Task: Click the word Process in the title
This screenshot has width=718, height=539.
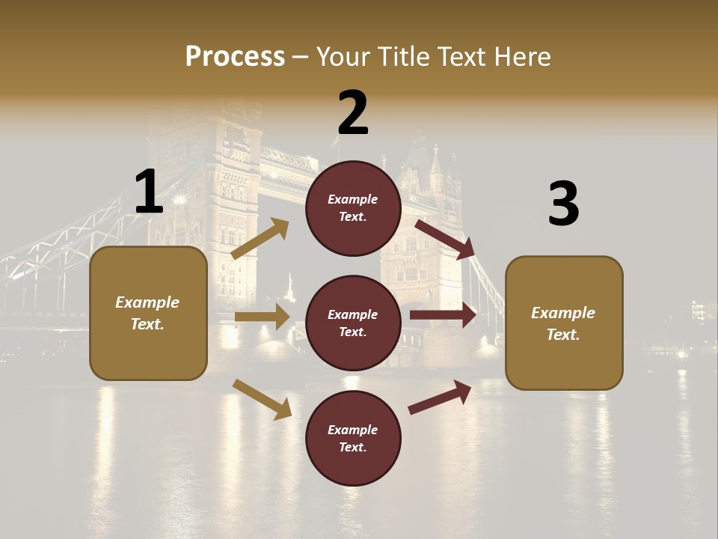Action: click(235, 57)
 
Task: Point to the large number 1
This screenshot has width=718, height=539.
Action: click(148, 192)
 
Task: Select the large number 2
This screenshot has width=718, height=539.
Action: click(353, 114)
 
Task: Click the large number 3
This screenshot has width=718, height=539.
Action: click(563, 204)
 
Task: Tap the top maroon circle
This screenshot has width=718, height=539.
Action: click(353, 208)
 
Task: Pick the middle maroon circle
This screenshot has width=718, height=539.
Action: click(353, 323)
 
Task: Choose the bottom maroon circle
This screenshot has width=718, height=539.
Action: click(353, 439)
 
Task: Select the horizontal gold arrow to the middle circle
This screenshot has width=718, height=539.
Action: click(262, 317)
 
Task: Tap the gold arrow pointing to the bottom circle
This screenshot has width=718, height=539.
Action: click(263, 399)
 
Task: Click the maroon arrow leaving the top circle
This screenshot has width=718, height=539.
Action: click(446, 239)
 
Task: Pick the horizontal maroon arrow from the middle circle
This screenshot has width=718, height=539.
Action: click(443, 314)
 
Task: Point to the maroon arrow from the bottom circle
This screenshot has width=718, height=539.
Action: click(441, 397)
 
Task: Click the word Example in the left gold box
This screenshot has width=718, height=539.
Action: click(147, 302)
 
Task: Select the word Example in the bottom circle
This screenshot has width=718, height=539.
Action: click(353, 430)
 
